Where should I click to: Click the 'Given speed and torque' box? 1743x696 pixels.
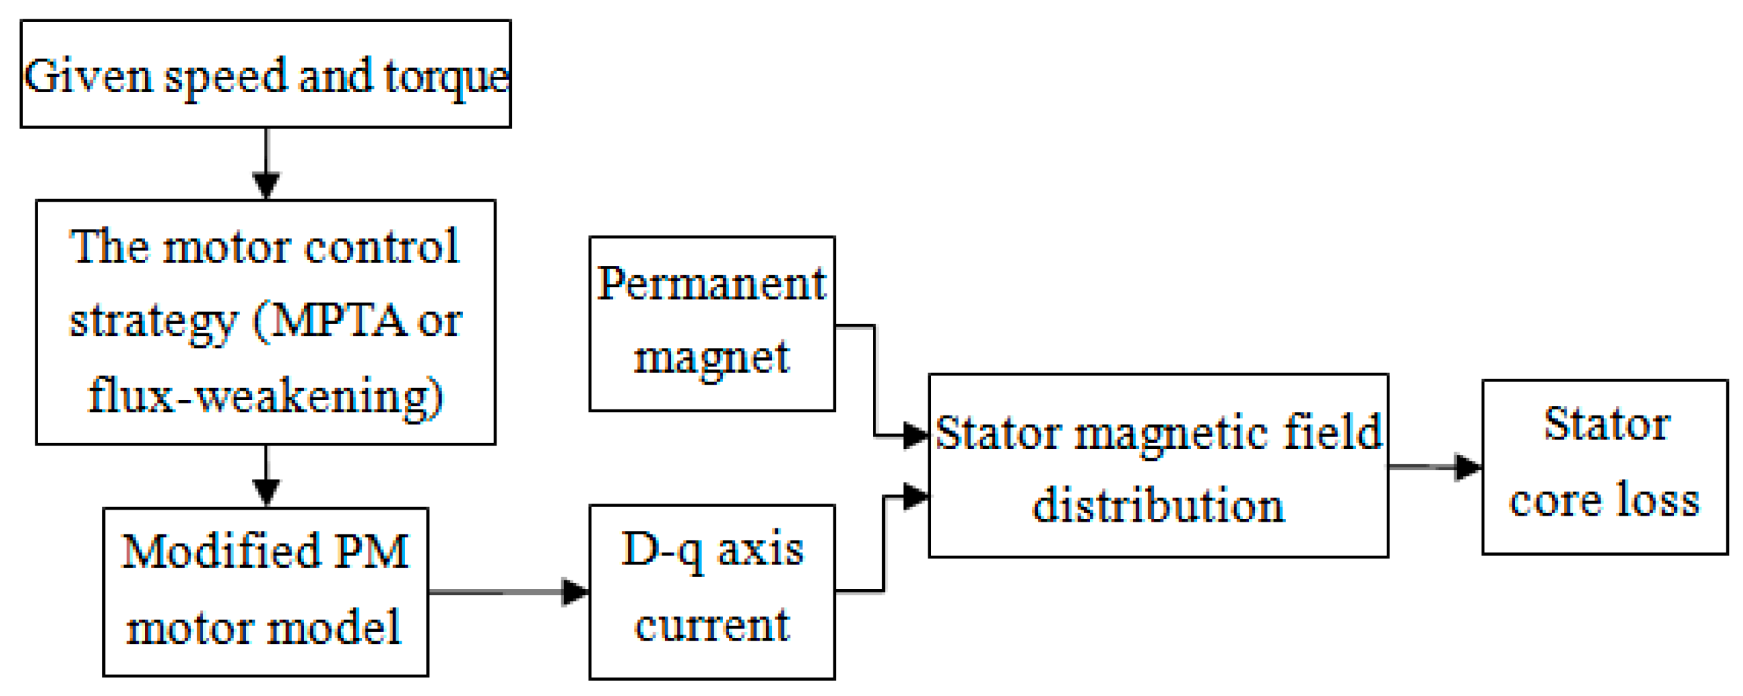pos(265,73)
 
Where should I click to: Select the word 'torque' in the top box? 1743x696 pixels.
pos(446,77)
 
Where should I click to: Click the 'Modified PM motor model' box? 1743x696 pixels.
pos(265,591)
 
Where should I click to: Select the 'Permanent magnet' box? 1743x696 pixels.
pos(712,323)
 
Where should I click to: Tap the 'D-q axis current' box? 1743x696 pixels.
pos(712,591)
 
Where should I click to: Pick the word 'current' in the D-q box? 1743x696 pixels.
pos(712,625)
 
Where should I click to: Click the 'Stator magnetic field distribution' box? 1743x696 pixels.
pos(1158,466)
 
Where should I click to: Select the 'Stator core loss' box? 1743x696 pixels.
pos(1604,467)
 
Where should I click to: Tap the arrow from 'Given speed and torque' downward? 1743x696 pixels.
pos(266,162)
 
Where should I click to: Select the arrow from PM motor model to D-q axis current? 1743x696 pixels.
pos(507,592)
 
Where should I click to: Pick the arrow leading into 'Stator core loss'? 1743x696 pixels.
pos(1434,467)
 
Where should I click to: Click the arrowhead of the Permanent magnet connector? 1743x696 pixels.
pos(916,434)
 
